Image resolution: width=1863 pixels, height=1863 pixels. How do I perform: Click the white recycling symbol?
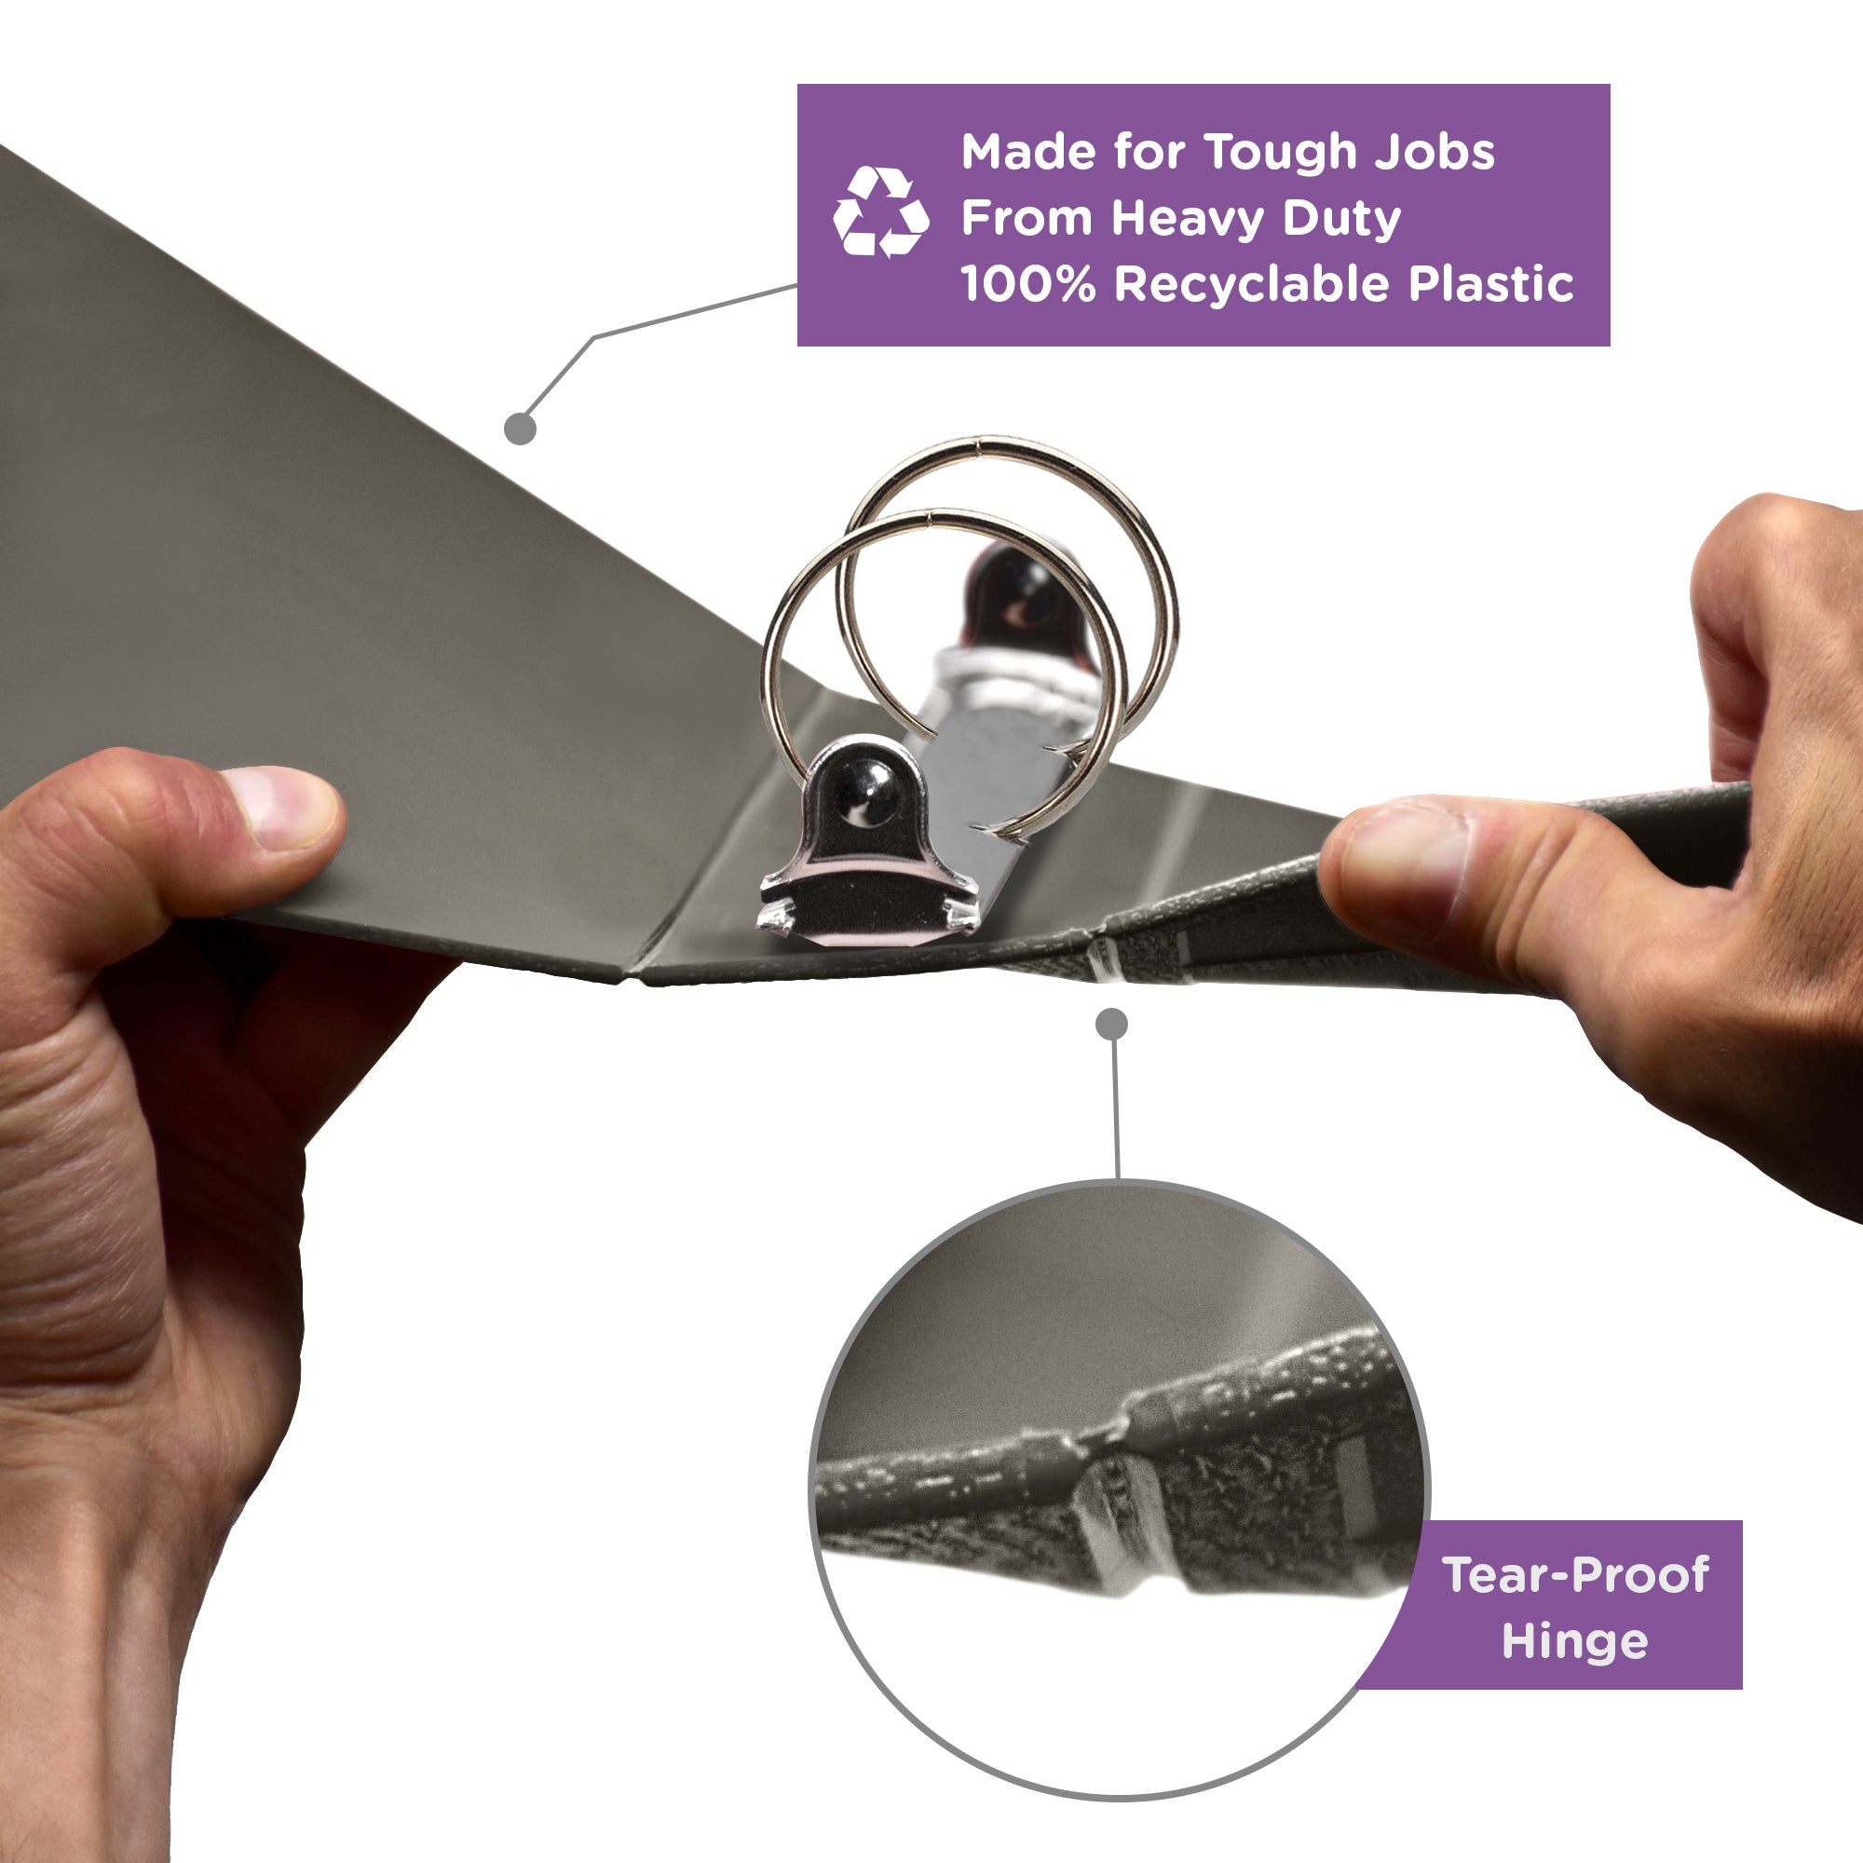coord(880,212)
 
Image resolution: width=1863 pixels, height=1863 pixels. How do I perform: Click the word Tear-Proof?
coord(1576,1574)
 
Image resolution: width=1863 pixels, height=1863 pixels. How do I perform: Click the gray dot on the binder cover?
coord(520,428)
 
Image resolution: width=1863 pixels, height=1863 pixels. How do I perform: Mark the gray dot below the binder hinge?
coord(1112,1024)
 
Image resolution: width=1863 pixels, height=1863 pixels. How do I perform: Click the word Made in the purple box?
coord(1027,153)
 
